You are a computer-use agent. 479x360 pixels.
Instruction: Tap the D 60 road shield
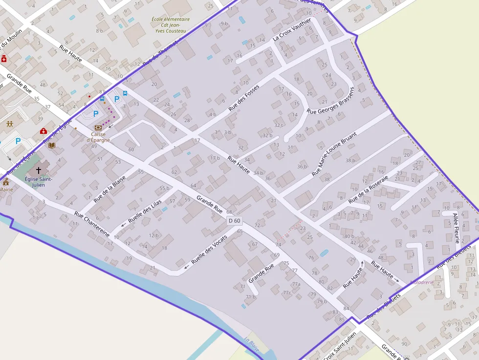[x=235, y=221]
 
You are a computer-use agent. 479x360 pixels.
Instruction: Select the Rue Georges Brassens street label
[x=330, y=101]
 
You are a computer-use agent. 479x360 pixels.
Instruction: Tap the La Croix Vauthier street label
[x=292, y=29]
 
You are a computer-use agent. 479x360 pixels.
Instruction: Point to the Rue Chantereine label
[x=91, y=224]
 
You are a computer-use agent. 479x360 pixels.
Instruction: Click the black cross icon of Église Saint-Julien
[x=38, y=170]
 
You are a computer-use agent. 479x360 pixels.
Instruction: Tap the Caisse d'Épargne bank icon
[x=98, y=127]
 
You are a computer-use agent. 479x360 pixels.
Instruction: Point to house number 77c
[x=287, y=293]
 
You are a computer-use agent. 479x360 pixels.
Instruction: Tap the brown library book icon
[x=52, y=145]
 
